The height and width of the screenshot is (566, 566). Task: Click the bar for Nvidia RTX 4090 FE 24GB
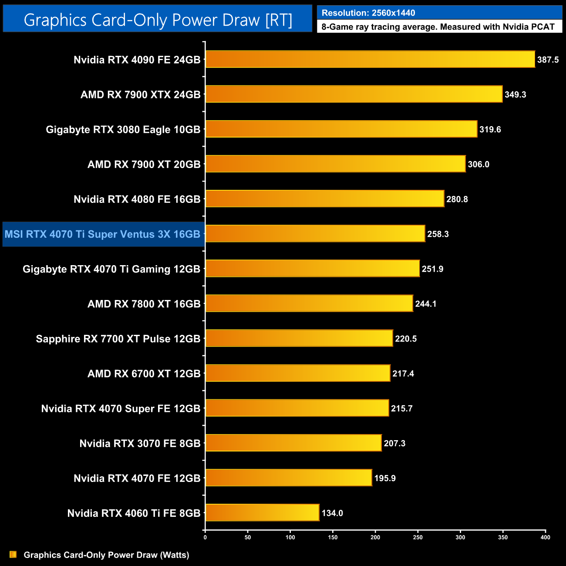pyautogui.click(x=370, y=59)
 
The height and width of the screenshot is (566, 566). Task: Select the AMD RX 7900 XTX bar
pyautogui.click(x=354, y=94)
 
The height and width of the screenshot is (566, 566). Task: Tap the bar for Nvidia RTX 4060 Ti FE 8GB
pyautogui.click(x=263, y=512)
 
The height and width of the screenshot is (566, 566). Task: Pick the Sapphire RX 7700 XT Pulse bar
pyautogui.click(x=299, y=338)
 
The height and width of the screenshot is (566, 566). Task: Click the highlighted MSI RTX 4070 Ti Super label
pyautogui.click(x=103, y=234)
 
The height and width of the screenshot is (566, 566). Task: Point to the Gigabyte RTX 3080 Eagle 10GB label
pyautogui.click(x=123, y=130)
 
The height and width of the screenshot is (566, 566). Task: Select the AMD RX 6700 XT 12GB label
pyautogui.click(x=144, y=374)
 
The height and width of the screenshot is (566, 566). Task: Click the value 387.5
pyautogui.click(x=548, y=60)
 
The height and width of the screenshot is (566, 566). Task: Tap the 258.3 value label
pyautogui.click(x=438, y=234)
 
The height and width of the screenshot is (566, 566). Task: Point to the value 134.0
pyautogui.click(x=332, y=513)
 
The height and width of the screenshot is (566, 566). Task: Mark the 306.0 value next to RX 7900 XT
pyautogui.click(x=478, y=165)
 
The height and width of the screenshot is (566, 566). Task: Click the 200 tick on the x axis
pyautogui.click(x=375, y=537)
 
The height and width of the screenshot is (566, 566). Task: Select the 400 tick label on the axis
pyautogui.click(x=545, y=537)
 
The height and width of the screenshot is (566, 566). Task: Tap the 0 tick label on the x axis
pyautogui.click(x=205, y=537)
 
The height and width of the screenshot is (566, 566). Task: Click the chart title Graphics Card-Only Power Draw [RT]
pyautogui.click(x=158, y=20)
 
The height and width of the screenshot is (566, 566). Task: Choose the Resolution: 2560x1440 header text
pyautogui.click(x=368, y=13)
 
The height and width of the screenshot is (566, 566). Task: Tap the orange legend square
pyautogui.click(x=13, y=554)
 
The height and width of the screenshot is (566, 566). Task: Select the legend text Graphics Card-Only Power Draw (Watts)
pyautogui.click(x=106, y=555)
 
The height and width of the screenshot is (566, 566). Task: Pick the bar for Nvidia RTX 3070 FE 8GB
pyautogui.click(x=293, y=443)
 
